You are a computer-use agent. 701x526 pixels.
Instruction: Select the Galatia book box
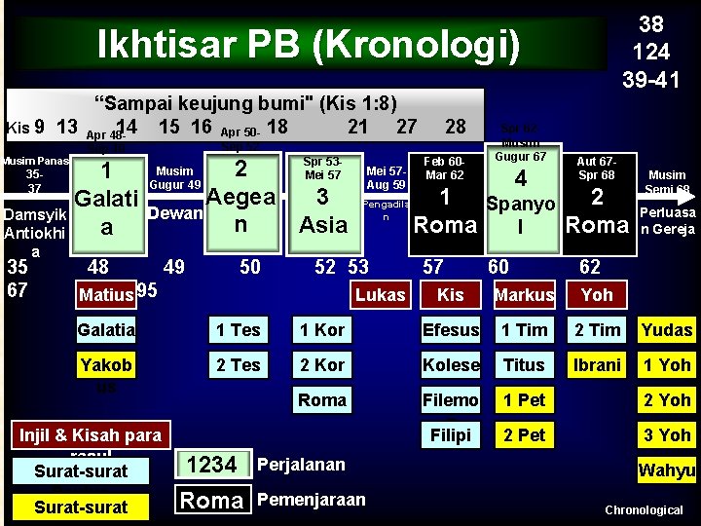click(x=106, y=330)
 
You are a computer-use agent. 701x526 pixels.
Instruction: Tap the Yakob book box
click(x=106, y=365)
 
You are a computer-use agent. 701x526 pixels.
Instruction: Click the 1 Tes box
click(x=239, y=330)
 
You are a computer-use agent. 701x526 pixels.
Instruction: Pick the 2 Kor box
click(x=322, y=365)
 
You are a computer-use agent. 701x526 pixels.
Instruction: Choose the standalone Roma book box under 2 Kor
click(x=322, y=400)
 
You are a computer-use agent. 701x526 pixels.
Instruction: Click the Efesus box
click(x=451, y=330)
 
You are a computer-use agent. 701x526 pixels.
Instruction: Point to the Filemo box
click(x=451, y=400)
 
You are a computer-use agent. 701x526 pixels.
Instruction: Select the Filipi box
click(x=451, y=435)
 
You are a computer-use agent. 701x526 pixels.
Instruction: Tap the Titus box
click(x=525, y=365)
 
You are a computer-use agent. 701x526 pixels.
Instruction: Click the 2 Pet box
click(x=525, y=435)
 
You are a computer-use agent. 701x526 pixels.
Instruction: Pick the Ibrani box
click(x=597, y=365)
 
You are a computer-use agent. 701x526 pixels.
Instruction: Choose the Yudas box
click(x=667, y=330)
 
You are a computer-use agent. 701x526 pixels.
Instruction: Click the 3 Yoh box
click(x=667, y=435)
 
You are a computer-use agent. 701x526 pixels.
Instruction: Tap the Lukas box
click(x=381, y=294)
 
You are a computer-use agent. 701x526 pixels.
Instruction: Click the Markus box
click(x=525, y=294)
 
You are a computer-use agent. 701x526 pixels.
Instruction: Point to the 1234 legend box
click(x=212, y=466)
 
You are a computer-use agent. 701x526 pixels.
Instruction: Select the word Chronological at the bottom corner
click(x=644, y=510)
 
